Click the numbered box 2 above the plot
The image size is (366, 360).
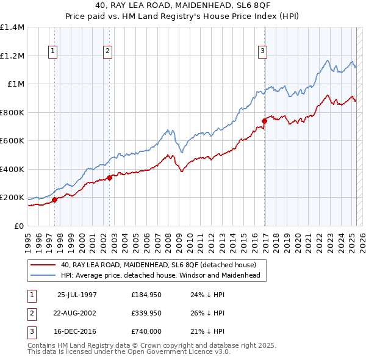(x=107, y=52)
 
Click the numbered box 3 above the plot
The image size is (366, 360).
(x=262, y=52)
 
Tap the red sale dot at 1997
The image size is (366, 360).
(x=54, y=200)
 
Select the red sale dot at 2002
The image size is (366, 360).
(x=109, y=178)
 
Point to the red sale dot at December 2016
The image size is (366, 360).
(x=264, y=121)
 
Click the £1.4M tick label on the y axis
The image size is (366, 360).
(x=12, y=27)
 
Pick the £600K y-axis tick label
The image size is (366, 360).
(x=12, y=141)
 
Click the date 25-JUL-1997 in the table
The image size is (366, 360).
(x=77, y=295)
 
